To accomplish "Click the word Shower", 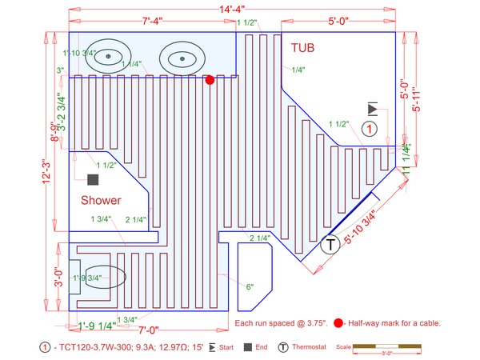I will [101, 200].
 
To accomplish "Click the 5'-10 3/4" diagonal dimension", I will [366, 228].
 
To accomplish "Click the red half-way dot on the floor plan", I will [210, 79].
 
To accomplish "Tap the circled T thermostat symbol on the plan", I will [329, 246].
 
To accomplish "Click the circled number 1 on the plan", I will [369, 128].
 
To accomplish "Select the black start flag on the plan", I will [372, 109].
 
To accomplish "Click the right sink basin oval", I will [182, 57].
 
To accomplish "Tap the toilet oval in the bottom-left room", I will [102, 277].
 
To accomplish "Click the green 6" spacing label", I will [250, 286].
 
